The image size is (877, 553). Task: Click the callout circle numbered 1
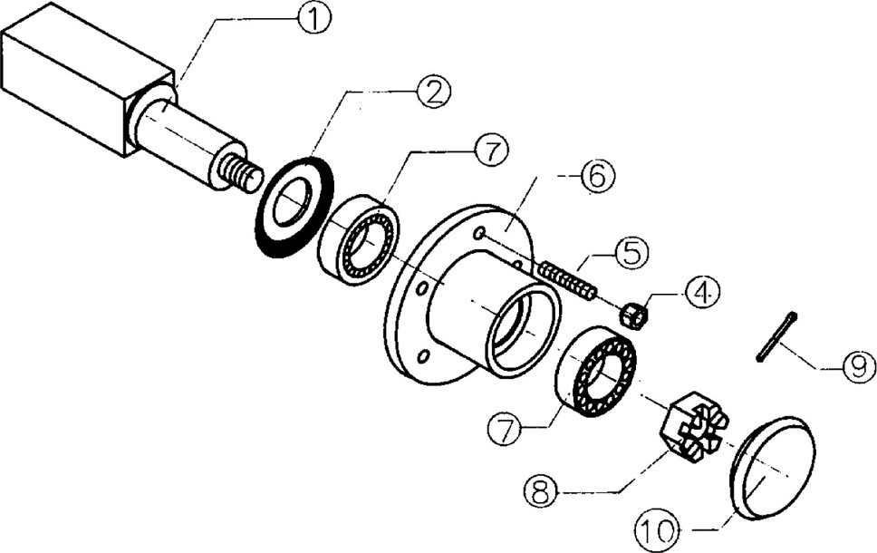tap(313, 20)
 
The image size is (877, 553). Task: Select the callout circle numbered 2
tap(433, 93)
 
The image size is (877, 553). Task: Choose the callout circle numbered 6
tap(597, 177)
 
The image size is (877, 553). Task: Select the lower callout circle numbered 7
tap(504, 428)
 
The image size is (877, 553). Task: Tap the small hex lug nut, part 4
tap(635, 315)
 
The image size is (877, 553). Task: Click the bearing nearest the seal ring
tap(358, 242)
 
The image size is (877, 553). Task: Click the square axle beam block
tap(90, 78)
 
